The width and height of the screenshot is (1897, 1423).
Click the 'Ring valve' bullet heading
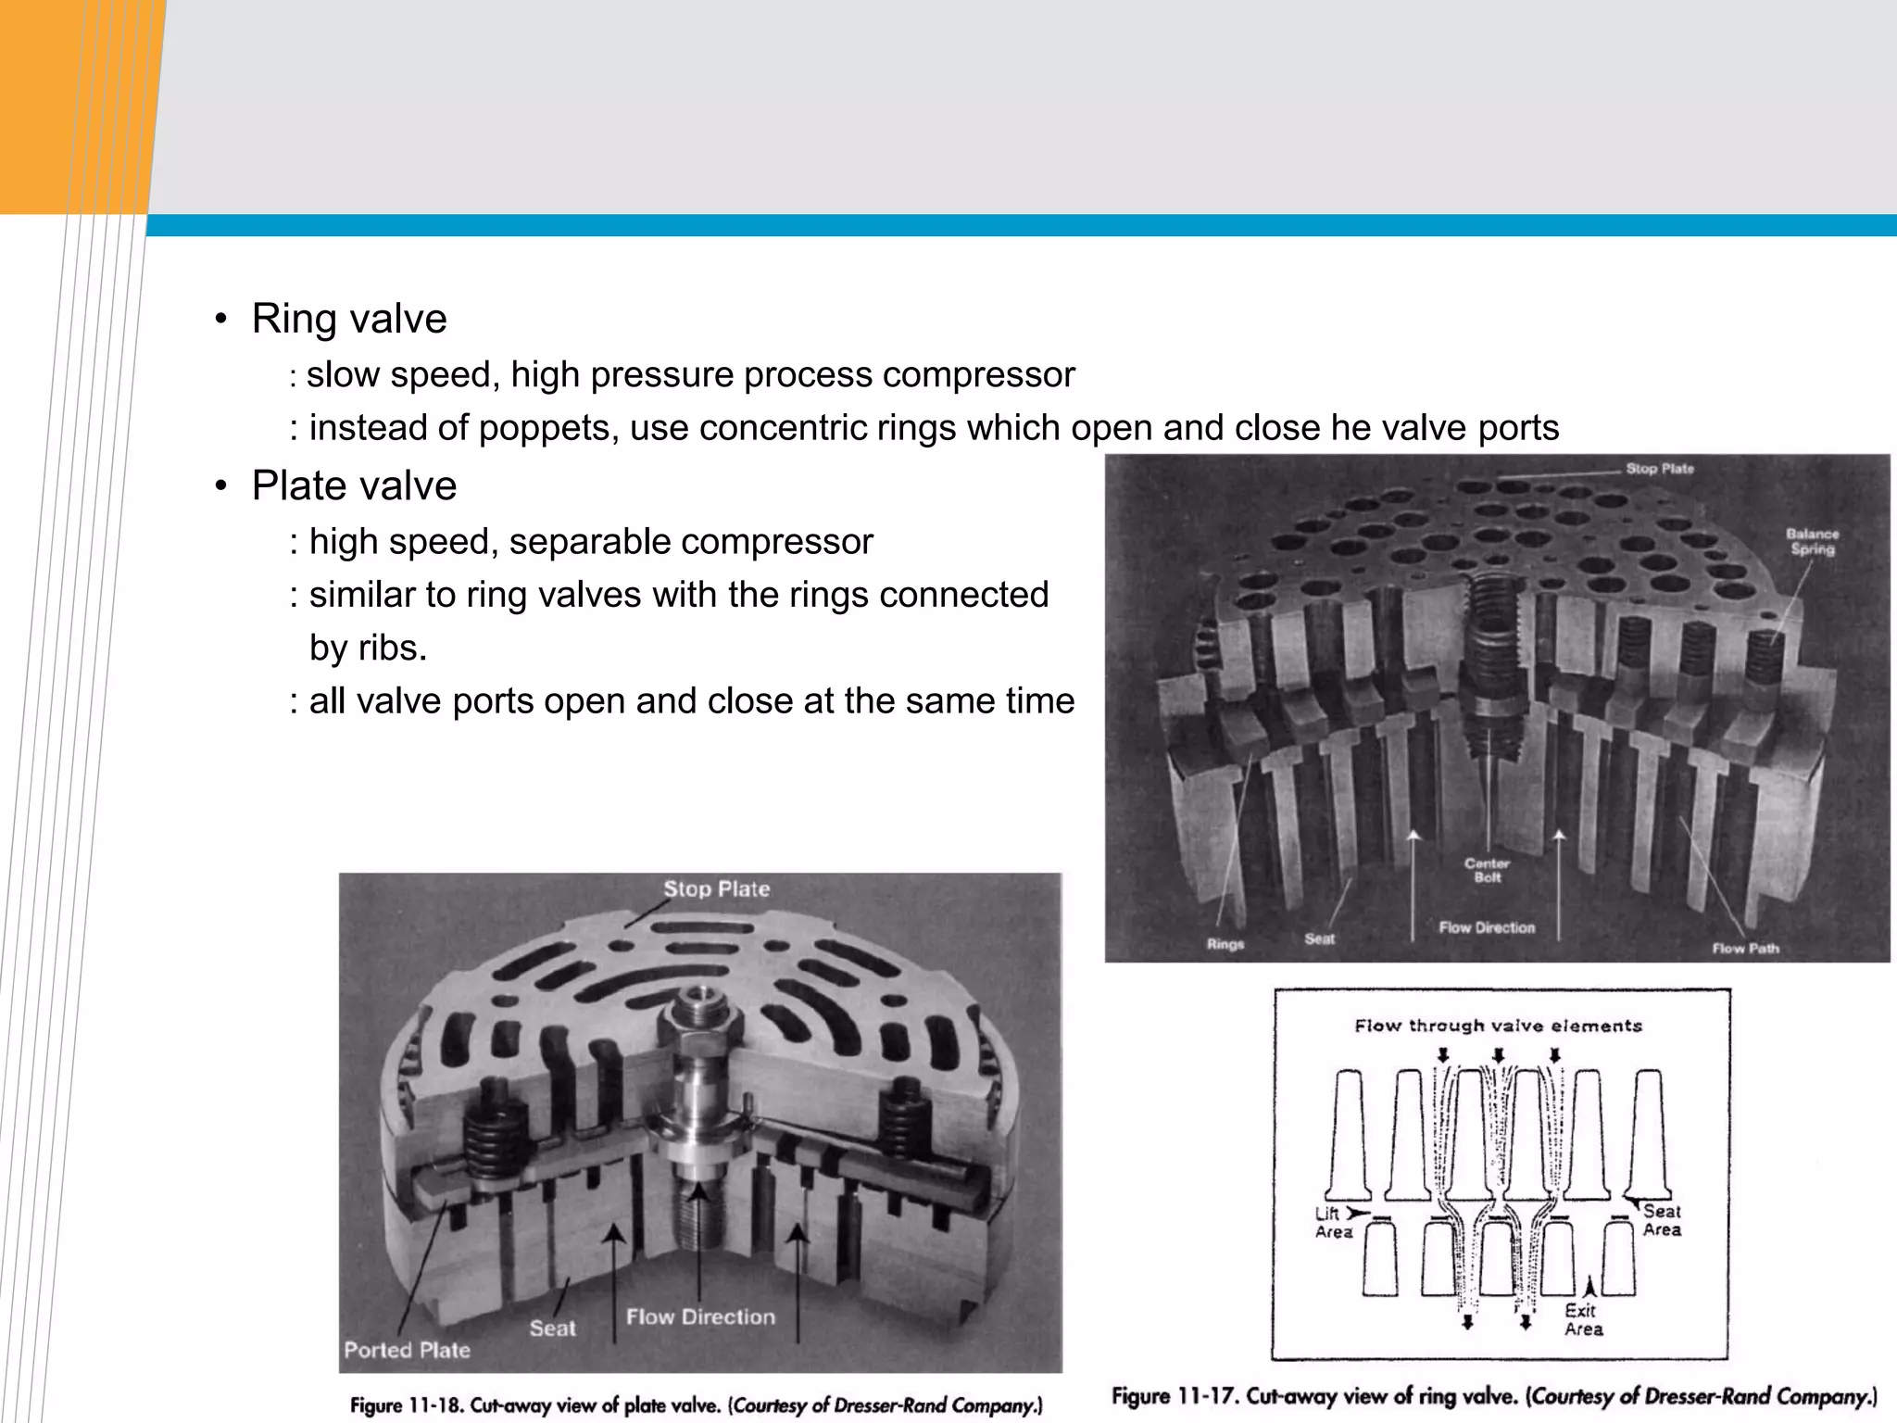[349, 320]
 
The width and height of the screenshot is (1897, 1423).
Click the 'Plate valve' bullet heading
[354, 486]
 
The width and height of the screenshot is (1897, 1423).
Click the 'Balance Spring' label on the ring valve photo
[1812, 542]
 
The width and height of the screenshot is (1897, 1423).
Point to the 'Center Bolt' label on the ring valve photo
[1487, 870]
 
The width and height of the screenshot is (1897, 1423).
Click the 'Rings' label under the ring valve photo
[1225, 944]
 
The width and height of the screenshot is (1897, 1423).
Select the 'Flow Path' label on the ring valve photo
[1745, 948]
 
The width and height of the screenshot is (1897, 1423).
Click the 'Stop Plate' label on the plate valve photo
[716, 889]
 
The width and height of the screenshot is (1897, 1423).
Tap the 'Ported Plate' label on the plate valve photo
[407, 1350]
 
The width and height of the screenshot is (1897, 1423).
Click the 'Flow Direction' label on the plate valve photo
[700, 1316]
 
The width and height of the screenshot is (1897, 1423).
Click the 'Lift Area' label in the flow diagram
[1333, 1223]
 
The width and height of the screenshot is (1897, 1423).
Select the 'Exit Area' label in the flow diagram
[1583, 1319]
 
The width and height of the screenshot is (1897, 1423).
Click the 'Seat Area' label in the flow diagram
[1662, 1220]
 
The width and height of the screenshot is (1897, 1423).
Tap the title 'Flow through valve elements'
[1498, 1026]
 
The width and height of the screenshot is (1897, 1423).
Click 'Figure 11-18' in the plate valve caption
[404, 1405]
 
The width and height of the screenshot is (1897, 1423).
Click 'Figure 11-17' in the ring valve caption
[1173, 1396]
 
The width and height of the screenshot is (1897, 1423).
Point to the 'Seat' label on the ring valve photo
[1319, 938]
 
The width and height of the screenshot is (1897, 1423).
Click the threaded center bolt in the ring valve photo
[1493, 649]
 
